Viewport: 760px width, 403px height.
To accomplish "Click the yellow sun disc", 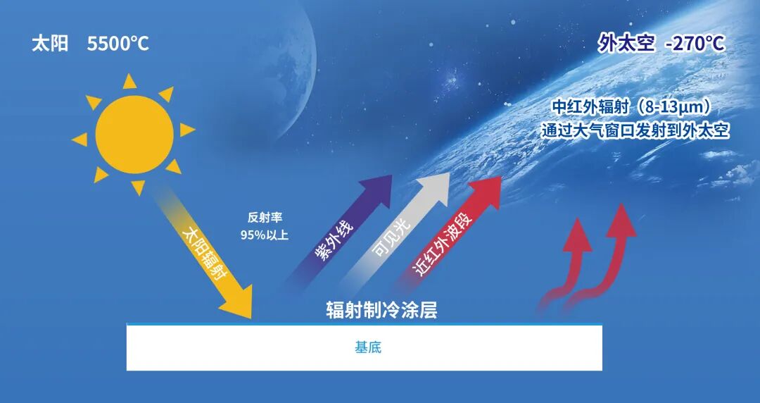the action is [134, 135].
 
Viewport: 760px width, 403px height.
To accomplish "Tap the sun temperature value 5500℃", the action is [118, 44].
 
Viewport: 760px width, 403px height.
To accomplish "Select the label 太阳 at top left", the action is [51, 44].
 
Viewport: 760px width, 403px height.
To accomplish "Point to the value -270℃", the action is [695, 44].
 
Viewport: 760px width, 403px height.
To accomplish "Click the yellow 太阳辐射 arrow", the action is [203, 252].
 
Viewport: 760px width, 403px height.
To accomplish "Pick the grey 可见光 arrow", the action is [395, 233].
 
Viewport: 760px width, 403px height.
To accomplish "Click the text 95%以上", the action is [265, 235].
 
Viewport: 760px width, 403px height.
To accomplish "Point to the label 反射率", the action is [265, 218].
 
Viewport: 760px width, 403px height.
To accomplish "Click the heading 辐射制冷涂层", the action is [381, 310].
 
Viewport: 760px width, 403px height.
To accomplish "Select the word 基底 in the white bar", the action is [368, 347].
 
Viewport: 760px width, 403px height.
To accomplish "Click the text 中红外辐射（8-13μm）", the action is [635, 106].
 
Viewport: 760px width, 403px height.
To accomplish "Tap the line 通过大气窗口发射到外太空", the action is [635, 130].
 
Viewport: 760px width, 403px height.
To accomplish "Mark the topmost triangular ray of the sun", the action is [129, 82].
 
